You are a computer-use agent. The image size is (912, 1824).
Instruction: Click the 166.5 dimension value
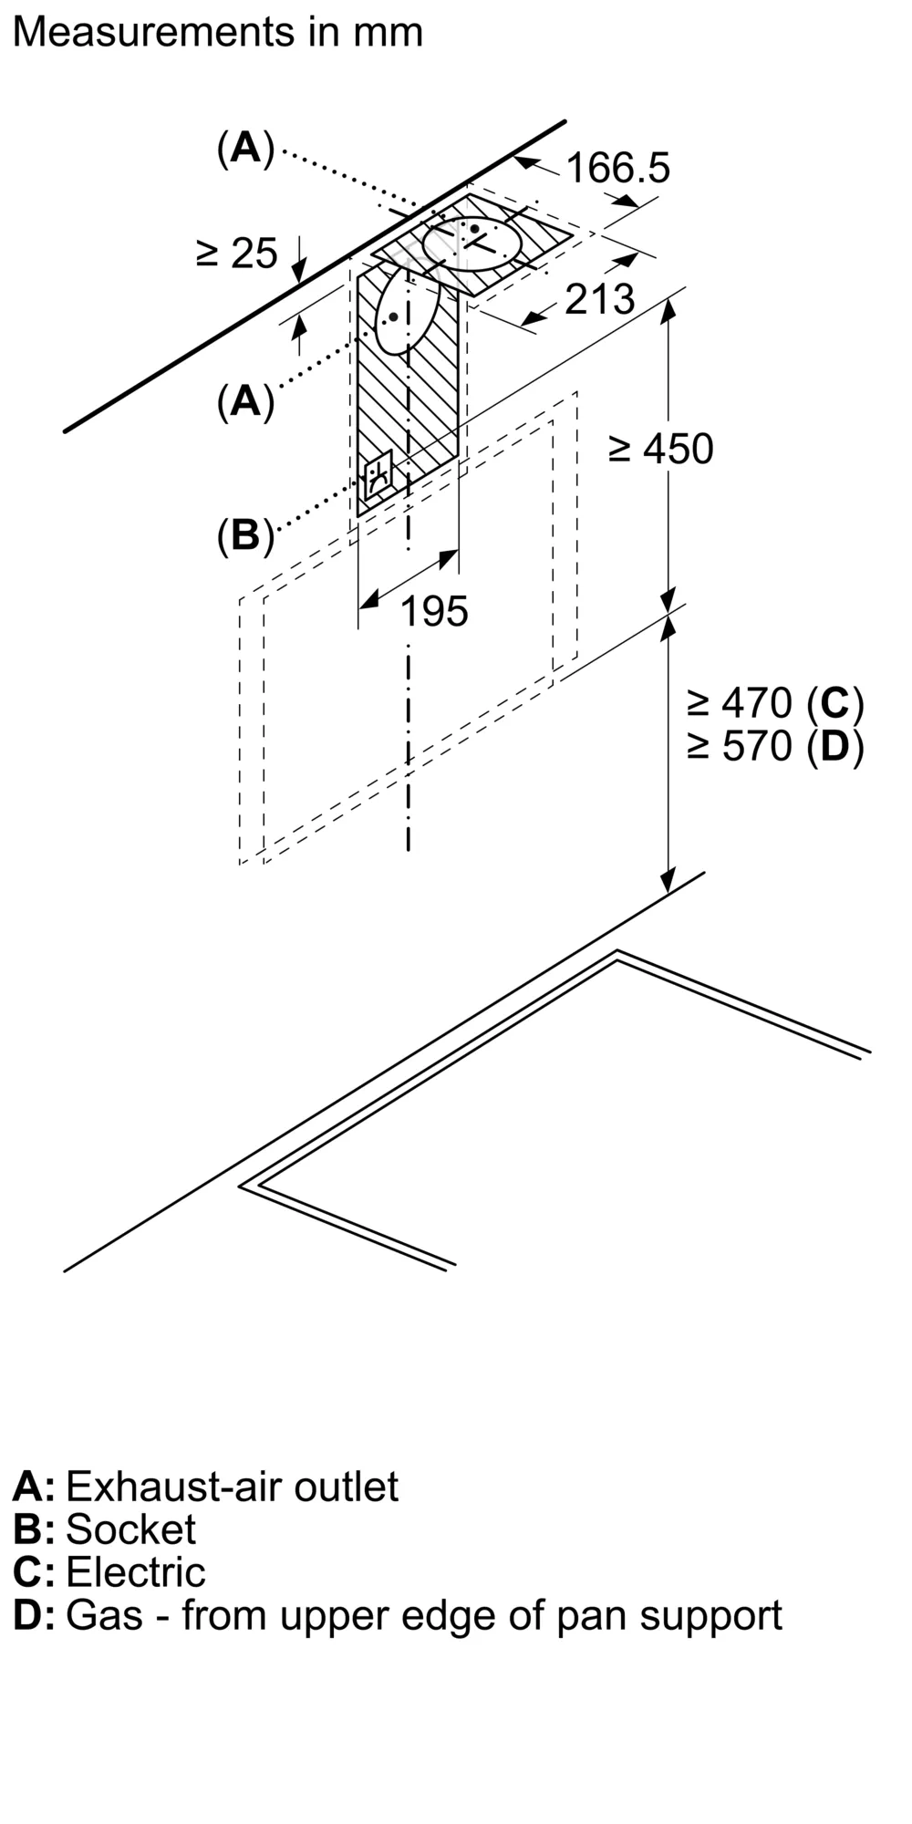click(x=617, y=168)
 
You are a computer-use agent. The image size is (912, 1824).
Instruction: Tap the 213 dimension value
click(x=599, y=299)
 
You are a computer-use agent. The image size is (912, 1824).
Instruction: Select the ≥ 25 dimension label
click(x=236, y=253)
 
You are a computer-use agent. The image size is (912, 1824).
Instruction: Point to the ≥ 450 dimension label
click(x=661, y=449)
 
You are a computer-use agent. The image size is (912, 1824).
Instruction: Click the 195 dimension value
click(x=434, y=611)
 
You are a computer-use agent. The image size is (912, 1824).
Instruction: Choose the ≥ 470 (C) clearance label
click(x=775, y=702)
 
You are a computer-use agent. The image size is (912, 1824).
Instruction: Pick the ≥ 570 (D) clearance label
click(x=775, y=746)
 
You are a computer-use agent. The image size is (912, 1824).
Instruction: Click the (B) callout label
click(x=245, y=535)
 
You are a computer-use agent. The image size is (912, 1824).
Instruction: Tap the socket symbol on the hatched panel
click(x=378, y=475)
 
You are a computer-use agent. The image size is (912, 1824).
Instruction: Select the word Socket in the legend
click(x=130, y=1529)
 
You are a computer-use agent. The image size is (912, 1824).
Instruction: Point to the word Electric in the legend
click(x=136, y=1572)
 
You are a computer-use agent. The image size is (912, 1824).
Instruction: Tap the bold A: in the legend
click(x=34, y=1487)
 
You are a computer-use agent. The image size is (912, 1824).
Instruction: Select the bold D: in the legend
click(x=34, y=1615)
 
